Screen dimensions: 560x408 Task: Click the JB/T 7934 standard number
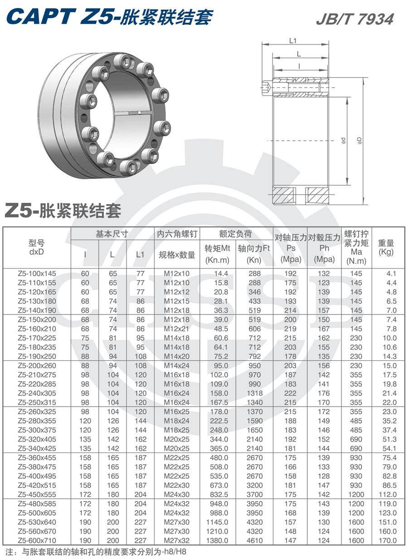point(355,19)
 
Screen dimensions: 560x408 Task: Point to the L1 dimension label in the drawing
point(293,41)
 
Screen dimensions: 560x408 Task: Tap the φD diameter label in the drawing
point(359,141)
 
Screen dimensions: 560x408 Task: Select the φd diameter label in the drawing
point(344,141)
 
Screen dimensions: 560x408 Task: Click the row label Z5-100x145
point(37,274)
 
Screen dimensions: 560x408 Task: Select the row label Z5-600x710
point(37,540)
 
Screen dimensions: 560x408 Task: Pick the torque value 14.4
point(220,274)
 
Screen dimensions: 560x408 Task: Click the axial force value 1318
point(255,393)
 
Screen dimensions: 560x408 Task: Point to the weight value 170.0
point(388,540)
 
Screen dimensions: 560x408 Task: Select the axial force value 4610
point(255,540)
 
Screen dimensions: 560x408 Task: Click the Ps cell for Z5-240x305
point(291,393)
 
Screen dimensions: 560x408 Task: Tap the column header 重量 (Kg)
point(386,248)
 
